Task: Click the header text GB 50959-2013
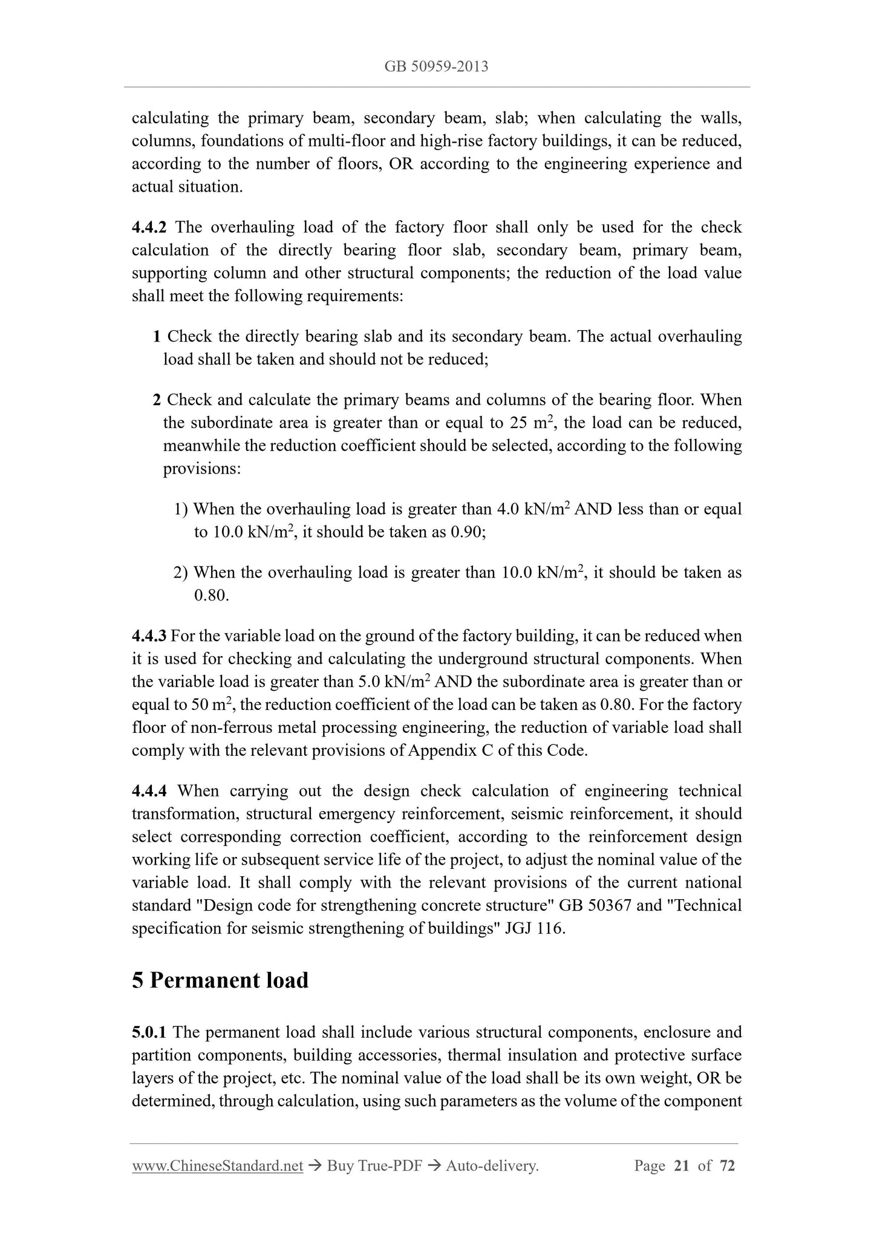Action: point(436,67)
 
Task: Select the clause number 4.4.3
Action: point(149,636)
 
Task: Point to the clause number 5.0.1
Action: point(149,1032)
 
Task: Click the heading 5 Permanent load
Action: point(220,980)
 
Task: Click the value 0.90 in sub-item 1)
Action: point(466,532)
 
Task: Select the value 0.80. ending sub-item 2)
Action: point(211,595)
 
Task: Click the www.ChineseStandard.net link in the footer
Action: point(217,1166)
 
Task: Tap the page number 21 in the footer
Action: point(681,1166)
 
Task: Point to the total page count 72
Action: point(727,1166)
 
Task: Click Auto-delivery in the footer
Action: point(492,1166)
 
